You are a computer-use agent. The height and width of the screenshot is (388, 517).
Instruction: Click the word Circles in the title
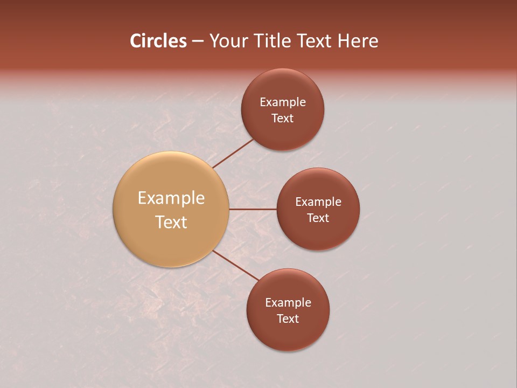click(x=158, y=41)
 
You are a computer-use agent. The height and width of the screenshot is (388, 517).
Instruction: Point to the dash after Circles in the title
click(x=198, y=41)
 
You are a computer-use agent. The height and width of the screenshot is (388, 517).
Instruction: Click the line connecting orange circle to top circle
click(x=234, y=153)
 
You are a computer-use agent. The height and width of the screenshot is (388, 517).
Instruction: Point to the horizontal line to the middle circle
click(x=253, y=209)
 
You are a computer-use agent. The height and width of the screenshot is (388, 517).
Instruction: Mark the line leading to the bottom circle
click(x=235, y=265)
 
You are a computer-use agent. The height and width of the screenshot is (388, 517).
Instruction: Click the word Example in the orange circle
click(x=171, y=198)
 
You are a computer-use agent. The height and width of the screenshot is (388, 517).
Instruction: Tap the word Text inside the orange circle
click(x=171, y=222)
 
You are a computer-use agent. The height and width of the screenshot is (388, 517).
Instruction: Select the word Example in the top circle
click(x=283, y=102)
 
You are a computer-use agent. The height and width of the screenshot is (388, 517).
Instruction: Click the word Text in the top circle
click(x=283, y=119)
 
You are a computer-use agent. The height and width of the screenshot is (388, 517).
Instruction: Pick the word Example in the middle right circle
click(x=318, y=202)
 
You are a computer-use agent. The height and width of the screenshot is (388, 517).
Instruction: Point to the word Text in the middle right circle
click(x=318, y=218)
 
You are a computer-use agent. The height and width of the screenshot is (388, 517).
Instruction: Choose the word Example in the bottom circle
click(x=288, y=303)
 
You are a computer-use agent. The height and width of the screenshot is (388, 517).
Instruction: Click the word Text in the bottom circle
click(x=288, y=319)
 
